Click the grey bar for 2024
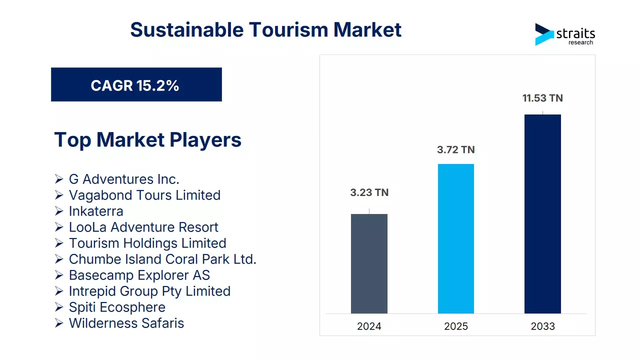369,263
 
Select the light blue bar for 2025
455,238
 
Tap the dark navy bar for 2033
542,213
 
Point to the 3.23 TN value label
369,192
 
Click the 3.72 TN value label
455,149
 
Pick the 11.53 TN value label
542,98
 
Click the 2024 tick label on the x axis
369,326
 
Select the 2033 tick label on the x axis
542,326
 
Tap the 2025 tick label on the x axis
455,326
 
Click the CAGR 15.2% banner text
135,85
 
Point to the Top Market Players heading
147,139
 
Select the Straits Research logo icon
544,34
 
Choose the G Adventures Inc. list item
124,179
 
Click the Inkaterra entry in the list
96,211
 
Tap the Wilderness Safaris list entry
126,323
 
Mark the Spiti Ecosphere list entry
117,307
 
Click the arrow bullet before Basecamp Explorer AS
59,275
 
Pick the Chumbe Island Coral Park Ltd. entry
162,259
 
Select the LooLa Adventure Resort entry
143,227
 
